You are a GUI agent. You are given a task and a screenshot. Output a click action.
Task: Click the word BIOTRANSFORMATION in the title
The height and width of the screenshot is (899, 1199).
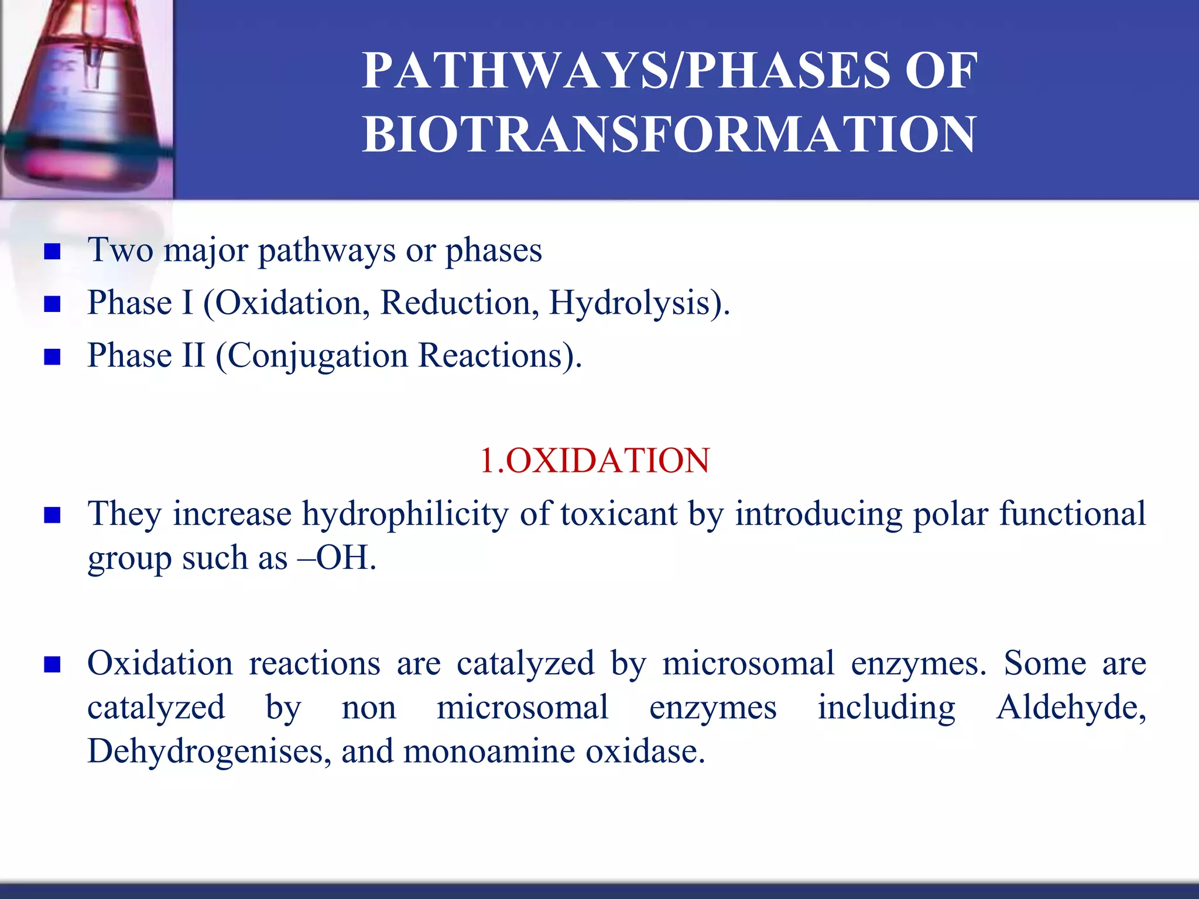pyautogui.click(x=669, y=135)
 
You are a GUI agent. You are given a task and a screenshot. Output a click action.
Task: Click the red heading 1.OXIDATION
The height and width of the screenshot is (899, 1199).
pyautogui.click(x=594, y=460)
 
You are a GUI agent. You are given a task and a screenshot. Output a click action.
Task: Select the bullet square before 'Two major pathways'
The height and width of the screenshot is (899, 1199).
pyautogui.click(x=53, y=252)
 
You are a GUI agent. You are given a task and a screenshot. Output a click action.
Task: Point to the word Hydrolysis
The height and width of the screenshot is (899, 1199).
pyautogui.click(x=630, y=303)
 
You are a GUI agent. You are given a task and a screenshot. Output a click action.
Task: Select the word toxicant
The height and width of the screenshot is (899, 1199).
pyautogui.click(x=618, y=514)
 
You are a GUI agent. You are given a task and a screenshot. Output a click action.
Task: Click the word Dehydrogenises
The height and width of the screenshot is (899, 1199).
pyautogui.click(x=205, y=751)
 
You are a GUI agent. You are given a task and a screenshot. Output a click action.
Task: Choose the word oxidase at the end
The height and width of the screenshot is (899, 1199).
pyautogui.click(x=641, y=751)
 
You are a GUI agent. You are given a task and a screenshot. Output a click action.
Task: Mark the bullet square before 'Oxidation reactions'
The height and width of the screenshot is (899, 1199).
pyautogui.click(x=53, y=665)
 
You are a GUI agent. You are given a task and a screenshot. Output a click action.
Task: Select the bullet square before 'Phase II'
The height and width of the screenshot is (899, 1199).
pyautogui.click(x=53, y=357)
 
